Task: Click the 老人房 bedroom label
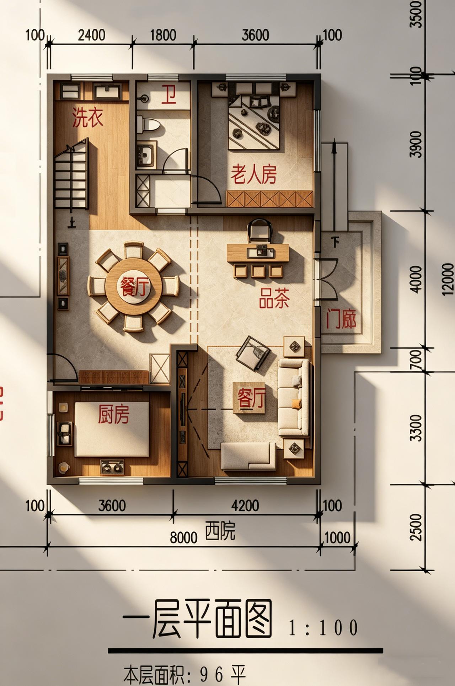pyautogui.click(x=253, y=174)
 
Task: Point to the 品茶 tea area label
pyautogui.click(x=274, y=298)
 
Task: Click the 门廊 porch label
pyautogui.click(x=341, y=319)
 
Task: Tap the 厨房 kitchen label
pyautogui.click(x=114, y=414)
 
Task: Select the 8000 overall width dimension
pyautogui.click(x=183, y=538)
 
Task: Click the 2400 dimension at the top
pyautogui.click(x=91, y=35)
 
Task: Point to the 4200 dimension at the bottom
pyautogui.click(x=245, y=506)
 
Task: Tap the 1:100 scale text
pyautogui.click(x=323, y=628)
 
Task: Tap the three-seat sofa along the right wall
pyautogui.click(x=293, y=397)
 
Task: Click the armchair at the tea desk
pyautogui.click(x=259, y=229)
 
